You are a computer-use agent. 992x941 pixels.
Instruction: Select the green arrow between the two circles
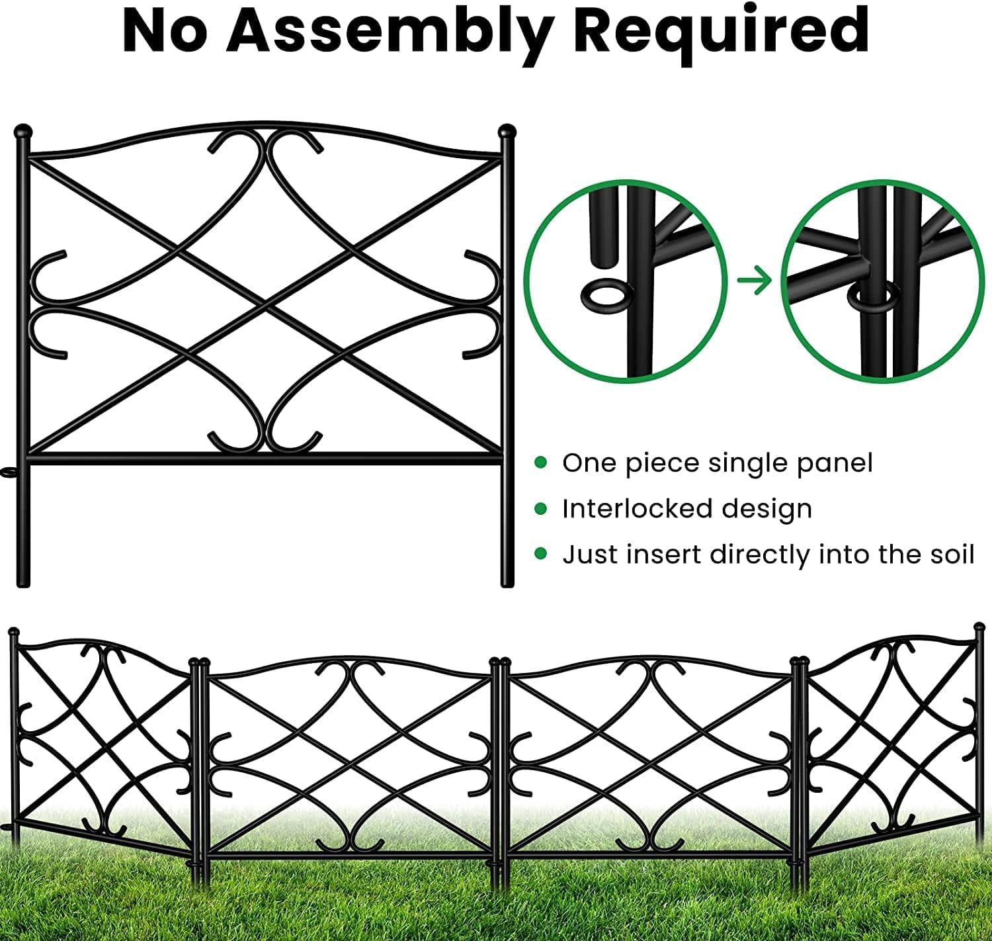point(755,281)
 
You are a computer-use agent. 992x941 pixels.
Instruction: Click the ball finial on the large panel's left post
point(22,130)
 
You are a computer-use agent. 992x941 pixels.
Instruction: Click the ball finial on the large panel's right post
point(507,130)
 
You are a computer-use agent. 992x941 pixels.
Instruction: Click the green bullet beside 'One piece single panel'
point(541,463)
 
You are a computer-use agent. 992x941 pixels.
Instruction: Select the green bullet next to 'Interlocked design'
point(541,508)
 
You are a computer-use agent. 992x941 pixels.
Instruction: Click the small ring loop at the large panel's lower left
point(9,472)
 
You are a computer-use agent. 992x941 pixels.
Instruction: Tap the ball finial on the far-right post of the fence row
point(979,626)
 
